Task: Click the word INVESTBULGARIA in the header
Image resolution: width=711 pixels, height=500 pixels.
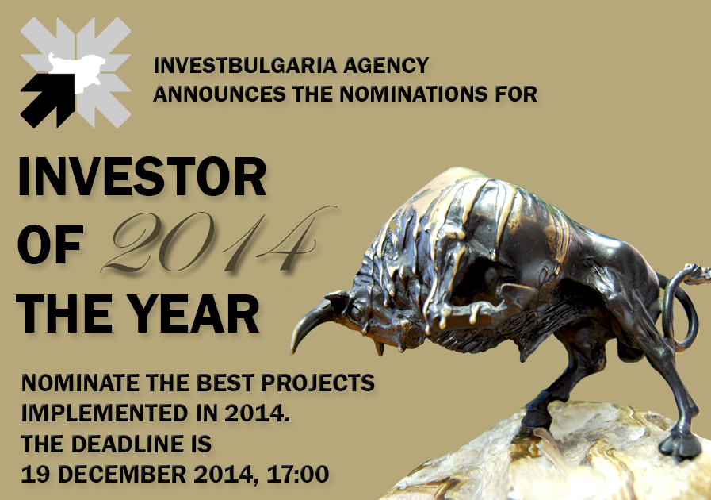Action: (245, 65)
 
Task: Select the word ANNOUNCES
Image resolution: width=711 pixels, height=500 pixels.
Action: (220, 94)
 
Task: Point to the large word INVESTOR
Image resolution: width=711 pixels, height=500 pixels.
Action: (142, 177)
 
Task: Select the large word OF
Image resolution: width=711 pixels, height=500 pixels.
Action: (50, 244)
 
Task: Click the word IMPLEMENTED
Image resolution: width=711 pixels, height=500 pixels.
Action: (105, 413)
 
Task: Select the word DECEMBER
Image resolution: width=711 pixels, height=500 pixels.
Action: (122, 474)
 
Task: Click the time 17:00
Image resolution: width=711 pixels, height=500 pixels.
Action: (297, 474)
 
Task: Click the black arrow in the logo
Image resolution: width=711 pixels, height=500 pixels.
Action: (47, 99)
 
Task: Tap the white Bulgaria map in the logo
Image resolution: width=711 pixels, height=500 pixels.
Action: (78, 73)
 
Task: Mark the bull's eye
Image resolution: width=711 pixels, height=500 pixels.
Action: (357, 312)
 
